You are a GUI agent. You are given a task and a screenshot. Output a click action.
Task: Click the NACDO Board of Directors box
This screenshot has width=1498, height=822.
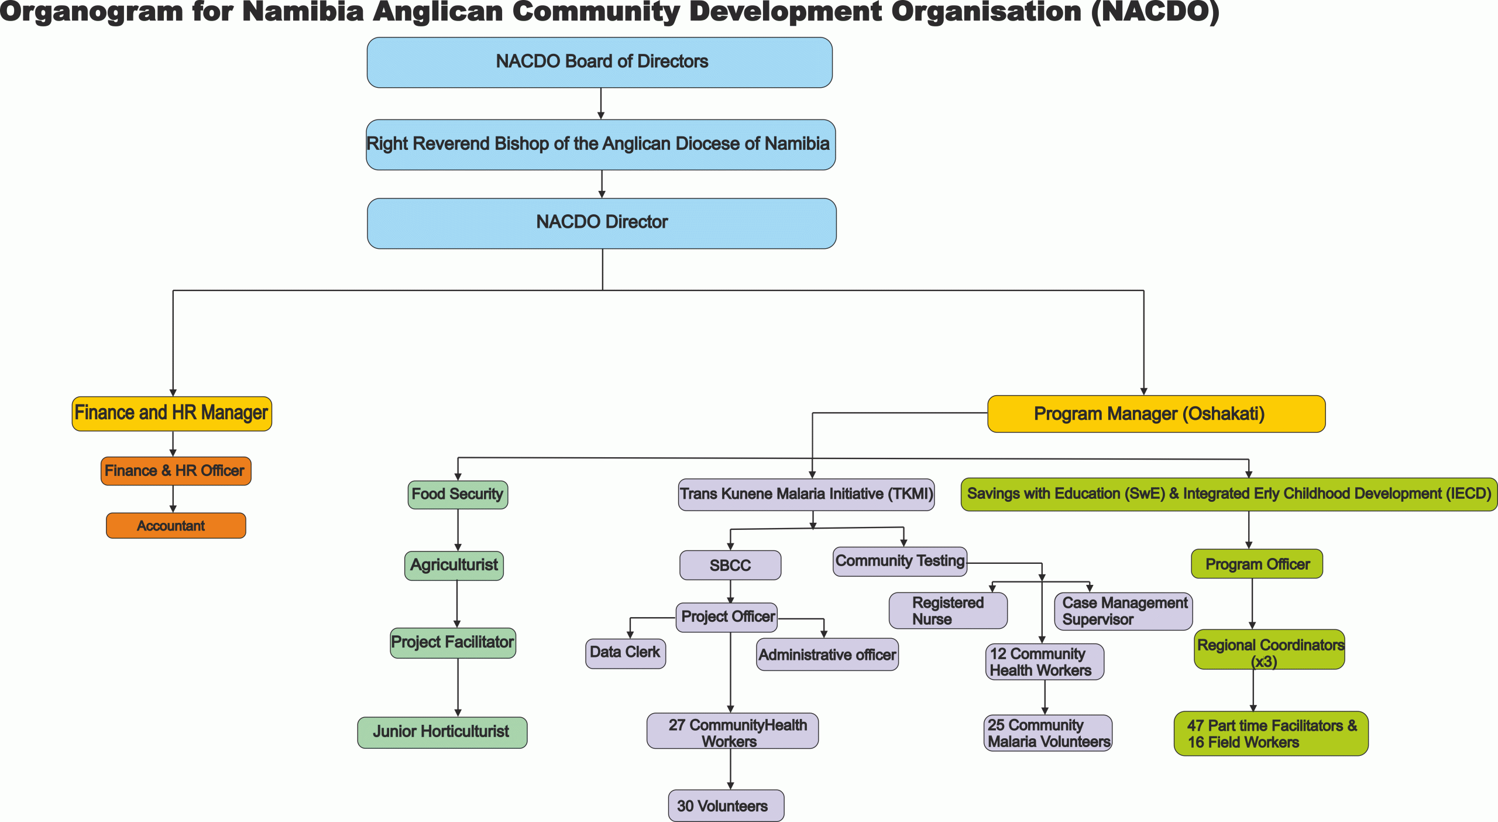599,62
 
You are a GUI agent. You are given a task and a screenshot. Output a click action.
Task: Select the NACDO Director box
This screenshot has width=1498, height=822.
602,223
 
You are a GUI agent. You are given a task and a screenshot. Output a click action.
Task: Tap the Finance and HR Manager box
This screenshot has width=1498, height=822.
171,413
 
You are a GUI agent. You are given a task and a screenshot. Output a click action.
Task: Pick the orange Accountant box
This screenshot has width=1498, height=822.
176,525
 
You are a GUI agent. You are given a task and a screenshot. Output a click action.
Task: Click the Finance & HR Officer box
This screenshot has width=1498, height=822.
176,471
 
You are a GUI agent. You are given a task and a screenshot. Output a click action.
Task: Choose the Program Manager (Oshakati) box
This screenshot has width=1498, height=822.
1156,414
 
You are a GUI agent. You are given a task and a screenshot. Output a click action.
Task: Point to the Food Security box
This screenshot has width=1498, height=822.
458,495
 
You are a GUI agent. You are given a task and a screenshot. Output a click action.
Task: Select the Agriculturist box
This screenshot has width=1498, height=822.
454,566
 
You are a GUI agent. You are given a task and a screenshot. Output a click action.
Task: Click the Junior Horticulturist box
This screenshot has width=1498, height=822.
442,732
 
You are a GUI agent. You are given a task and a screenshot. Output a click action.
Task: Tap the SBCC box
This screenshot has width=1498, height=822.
730,565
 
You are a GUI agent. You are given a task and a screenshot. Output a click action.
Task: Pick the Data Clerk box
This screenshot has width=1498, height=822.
625,653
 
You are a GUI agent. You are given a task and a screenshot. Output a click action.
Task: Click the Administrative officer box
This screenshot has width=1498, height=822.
827,655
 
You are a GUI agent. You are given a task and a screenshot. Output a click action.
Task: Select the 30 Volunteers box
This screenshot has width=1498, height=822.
726,806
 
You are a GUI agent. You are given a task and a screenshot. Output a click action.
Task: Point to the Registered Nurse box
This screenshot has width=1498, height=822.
947,611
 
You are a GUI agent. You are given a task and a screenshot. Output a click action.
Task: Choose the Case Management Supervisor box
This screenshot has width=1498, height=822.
1123,611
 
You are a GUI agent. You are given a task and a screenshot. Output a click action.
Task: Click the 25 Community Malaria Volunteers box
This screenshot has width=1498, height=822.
1047,733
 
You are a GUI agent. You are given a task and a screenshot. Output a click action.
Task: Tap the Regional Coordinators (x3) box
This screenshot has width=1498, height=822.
1269,650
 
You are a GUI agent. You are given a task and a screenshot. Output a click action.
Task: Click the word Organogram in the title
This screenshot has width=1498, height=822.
91,12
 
